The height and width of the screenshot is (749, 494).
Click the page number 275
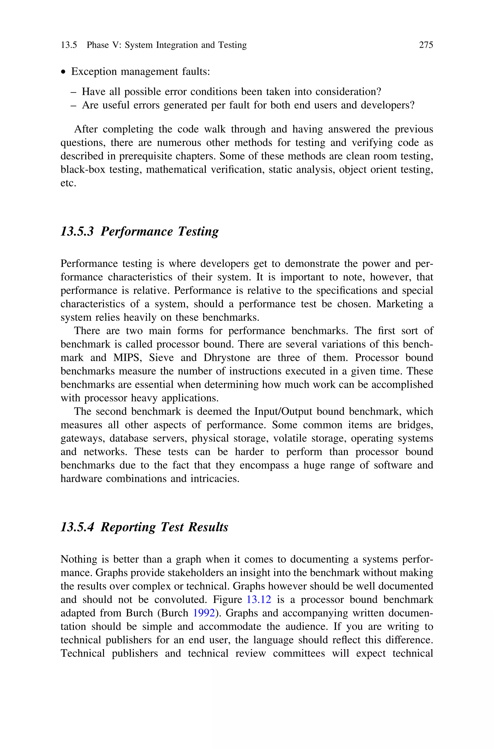click(426, 45)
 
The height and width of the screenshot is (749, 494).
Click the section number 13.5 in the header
click(69, 45)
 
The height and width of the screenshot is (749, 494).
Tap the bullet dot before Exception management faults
click(64, 72)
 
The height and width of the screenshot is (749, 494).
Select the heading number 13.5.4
click(77, 527)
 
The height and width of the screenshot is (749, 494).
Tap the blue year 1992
click(204, 613)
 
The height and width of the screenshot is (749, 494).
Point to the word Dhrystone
click(227, 357)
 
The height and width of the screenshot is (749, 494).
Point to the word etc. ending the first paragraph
click(68, 183)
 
